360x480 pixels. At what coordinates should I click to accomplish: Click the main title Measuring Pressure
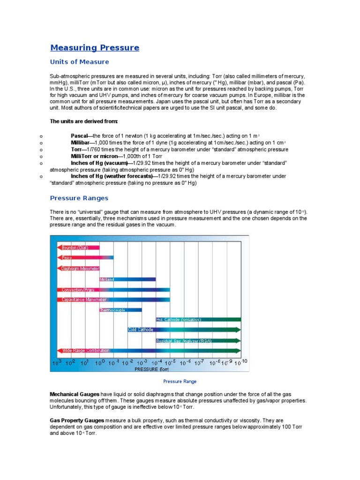(x=95, y=48)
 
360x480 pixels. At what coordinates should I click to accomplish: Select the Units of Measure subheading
(x=79, y=62)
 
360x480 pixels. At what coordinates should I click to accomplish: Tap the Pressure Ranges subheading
(x=79, y=198)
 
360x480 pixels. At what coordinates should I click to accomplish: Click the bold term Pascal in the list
(x=79, y=135)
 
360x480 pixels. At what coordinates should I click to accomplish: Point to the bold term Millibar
(x=80, y=142)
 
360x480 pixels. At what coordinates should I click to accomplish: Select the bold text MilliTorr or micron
(x=94, y=156)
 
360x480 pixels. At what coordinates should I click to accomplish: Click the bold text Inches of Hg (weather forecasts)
(x=112, y=176)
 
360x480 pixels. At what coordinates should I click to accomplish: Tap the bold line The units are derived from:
(x=80, y=121)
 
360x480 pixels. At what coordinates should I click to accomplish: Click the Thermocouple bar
(x=120, y=309)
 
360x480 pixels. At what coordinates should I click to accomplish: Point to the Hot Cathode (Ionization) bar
(x=197, y=320)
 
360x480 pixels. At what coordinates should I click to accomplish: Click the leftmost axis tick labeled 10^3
(x=57, y=362)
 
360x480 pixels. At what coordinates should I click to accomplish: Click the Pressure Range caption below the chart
(x=180, y=382)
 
